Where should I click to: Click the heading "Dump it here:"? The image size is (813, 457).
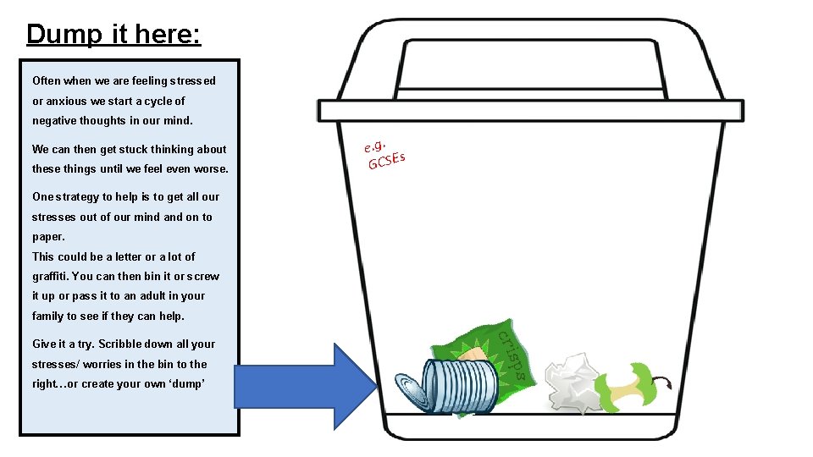click(113, 34)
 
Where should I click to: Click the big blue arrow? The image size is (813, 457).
click(305, 387)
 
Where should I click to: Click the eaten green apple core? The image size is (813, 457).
click(628, 389)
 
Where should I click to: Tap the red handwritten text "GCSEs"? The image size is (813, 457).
click(386, 160)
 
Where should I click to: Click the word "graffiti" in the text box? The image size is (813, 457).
click(50, 276)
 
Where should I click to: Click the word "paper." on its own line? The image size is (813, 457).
click(48, 237)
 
